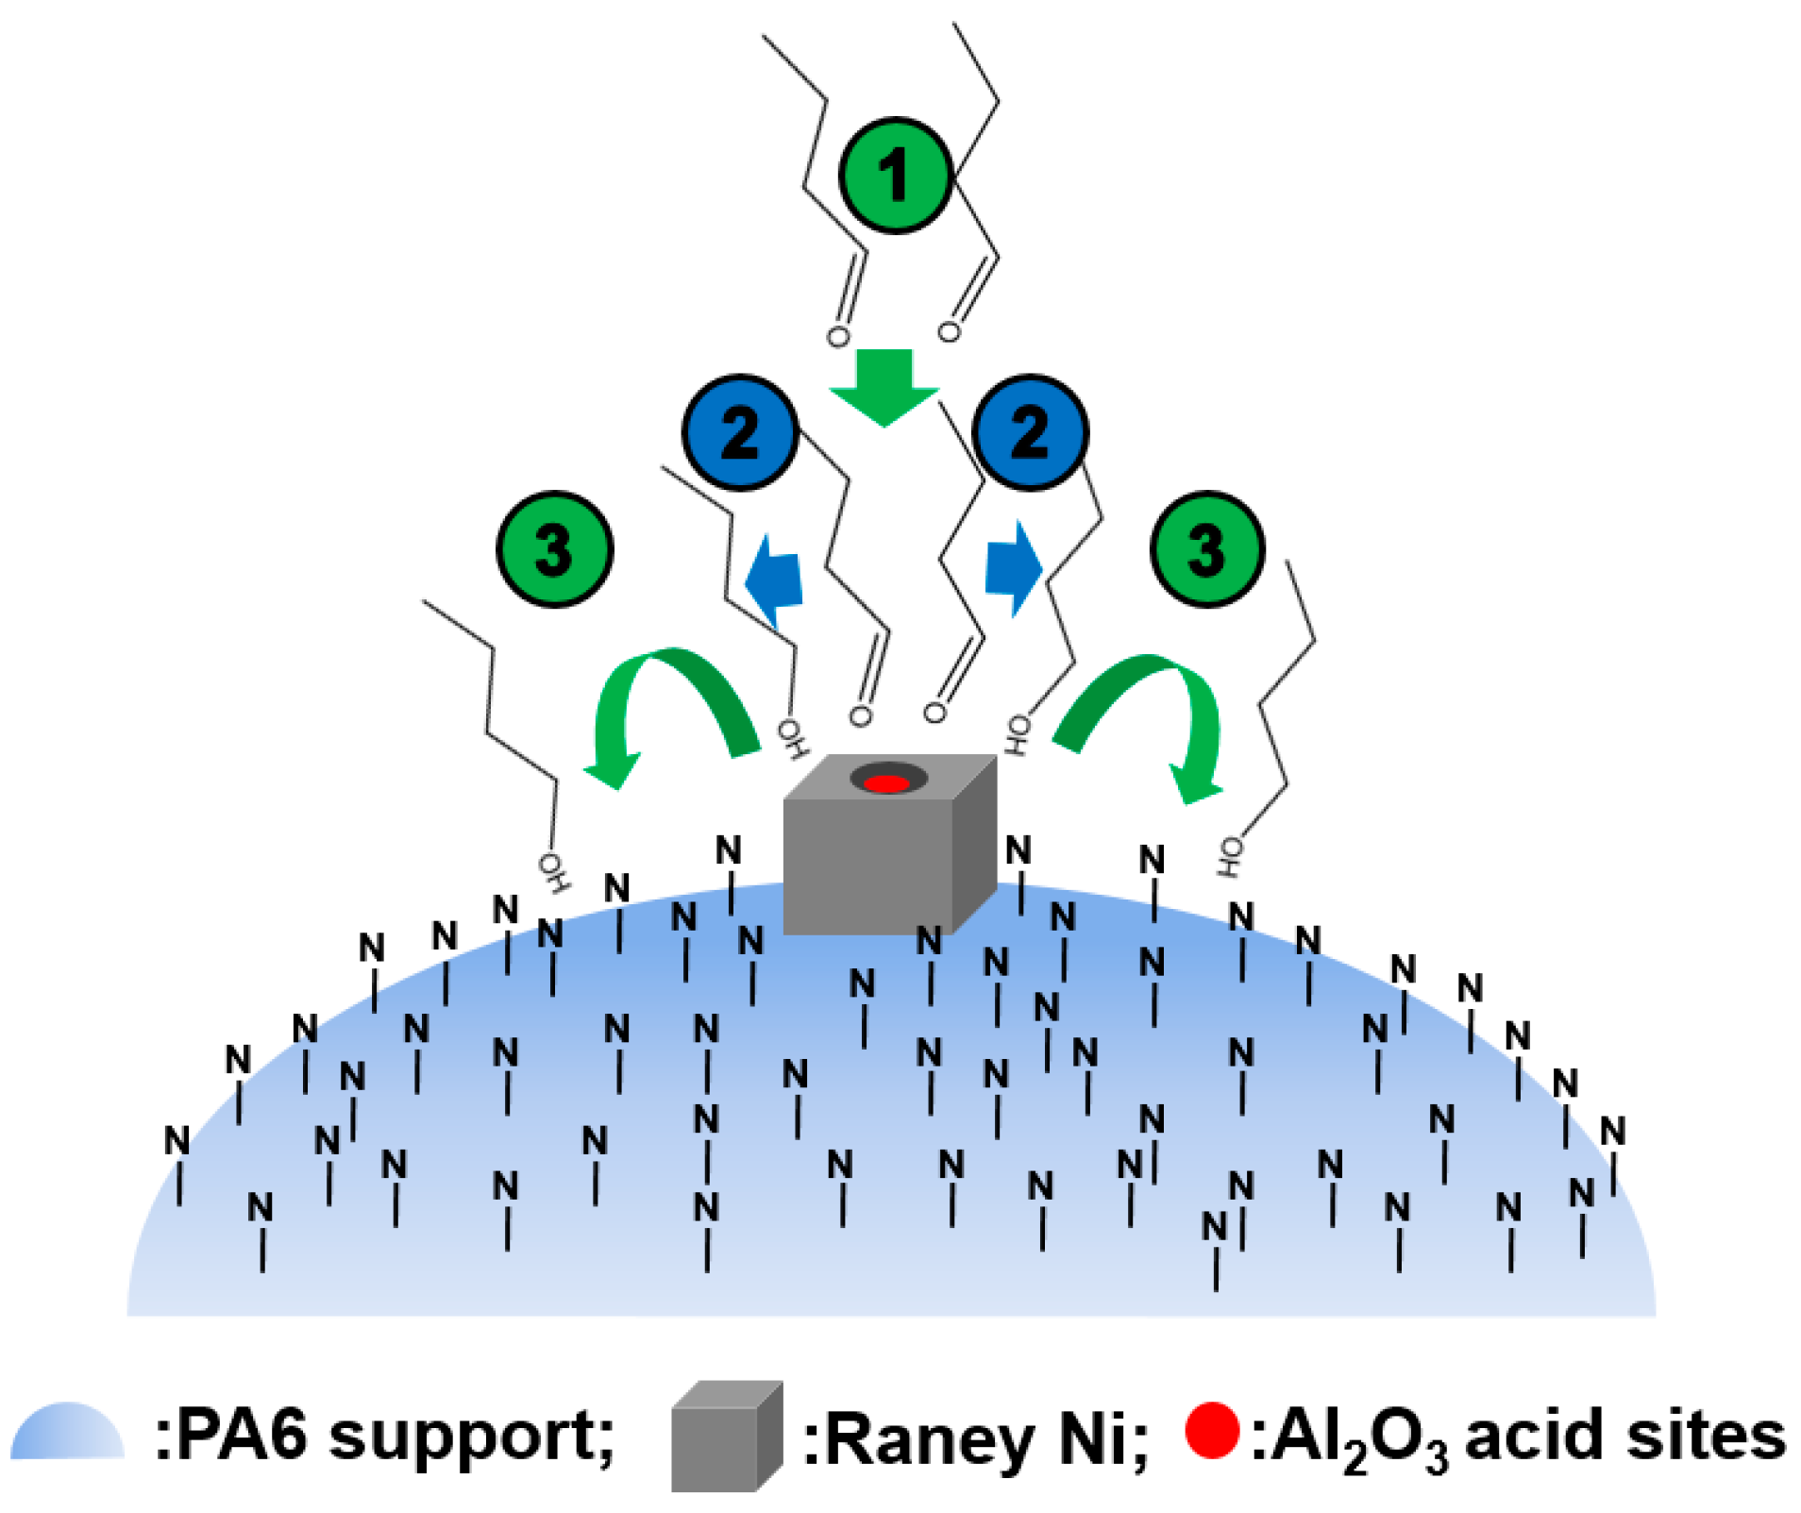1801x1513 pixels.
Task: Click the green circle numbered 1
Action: point(894,176)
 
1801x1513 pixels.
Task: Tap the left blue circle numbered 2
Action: point(740,433)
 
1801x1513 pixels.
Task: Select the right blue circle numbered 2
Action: point(1030,433)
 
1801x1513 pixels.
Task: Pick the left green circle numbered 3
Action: point(554,549)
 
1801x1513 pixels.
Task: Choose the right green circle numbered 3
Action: point(1207,549)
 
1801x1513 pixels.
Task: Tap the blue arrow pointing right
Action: point(1013,569)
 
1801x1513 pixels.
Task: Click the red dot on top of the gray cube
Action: point(886,783)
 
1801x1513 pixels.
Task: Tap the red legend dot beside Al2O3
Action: point(1212,1431)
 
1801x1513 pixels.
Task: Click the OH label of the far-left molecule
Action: point(554,873)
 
